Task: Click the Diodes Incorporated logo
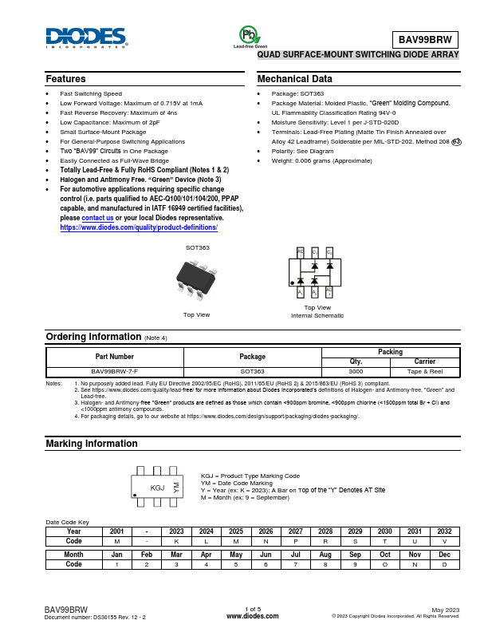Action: pos(85,38)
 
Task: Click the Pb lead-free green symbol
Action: pos(249,35)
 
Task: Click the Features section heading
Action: pos(66,79)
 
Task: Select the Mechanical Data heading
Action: pos(294,79)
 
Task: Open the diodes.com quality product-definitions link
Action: pos(139,227)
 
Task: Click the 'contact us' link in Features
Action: pos(97,218)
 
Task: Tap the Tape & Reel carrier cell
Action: pos(425,371)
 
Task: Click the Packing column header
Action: pos(391,352)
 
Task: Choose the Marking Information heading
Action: pos(85,443)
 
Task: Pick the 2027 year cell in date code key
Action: pos(295,531)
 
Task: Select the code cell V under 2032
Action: pos(445,540)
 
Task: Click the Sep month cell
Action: pos(355,554)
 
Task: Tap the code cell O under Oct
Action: pos(385,563)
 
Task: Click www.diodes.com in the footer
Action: pos(253,616)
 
